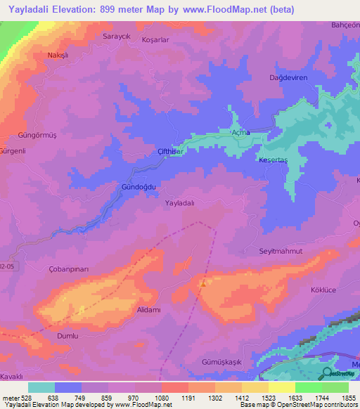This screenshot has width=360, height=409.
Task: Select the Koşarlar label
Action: (155, 40)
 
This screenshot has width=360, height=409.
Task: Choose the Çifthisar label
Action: (171, 151)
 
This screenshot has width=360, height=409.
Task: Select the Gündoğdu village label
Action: (138, 187)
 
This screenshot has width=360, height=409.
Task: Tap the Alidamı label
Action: (149, 310)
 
